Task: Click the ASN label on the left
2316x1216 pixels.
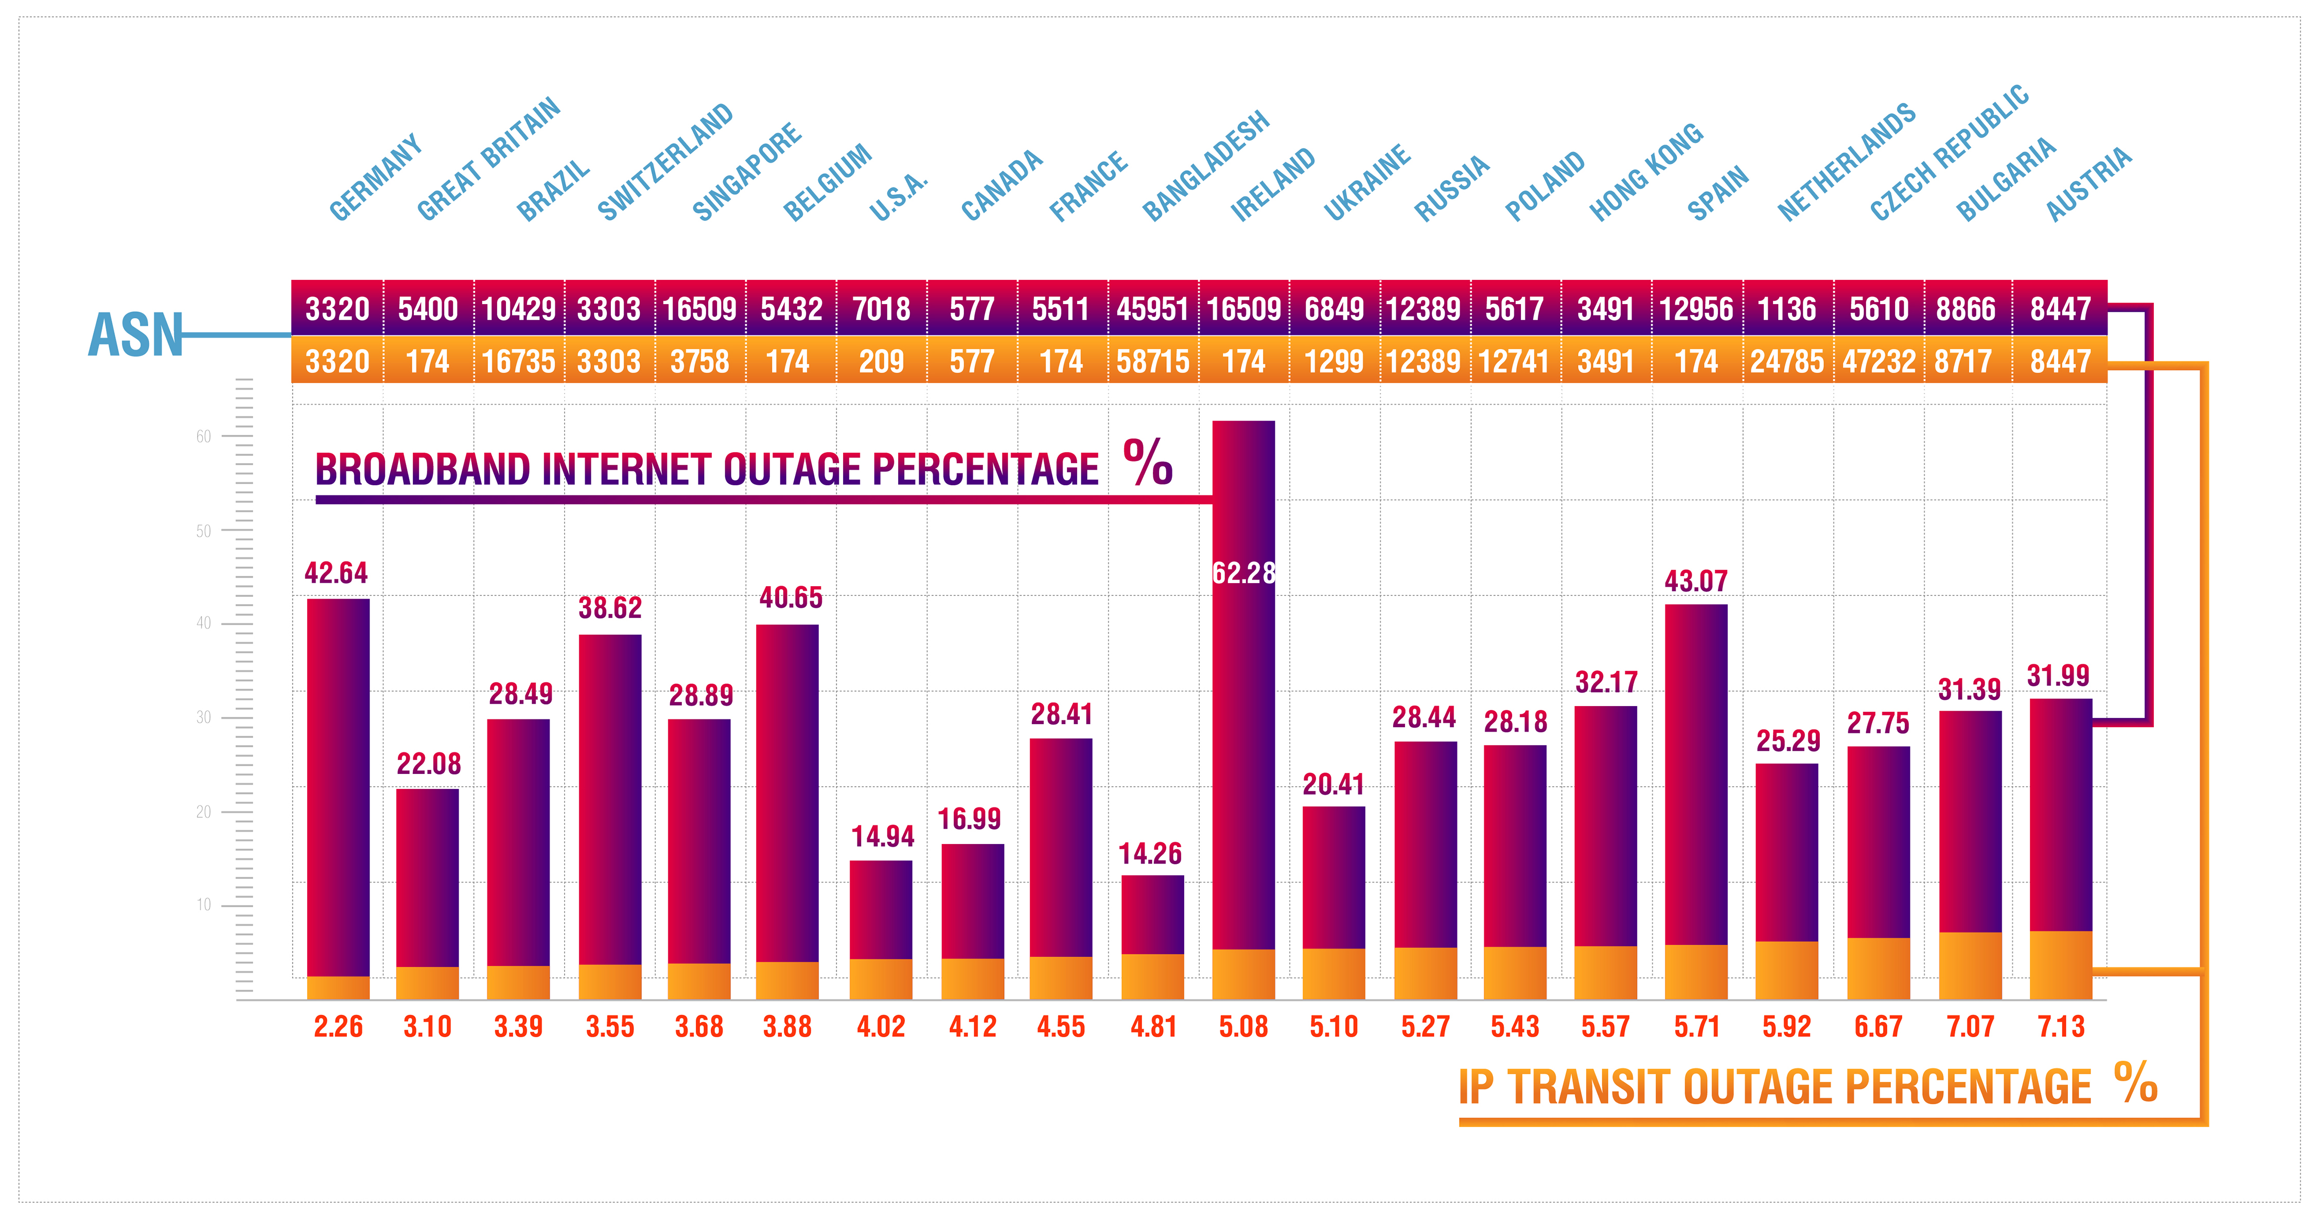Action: click(x=135, y=334)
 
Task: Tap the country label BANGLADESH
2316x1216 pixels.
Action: click(x=1206, y=166)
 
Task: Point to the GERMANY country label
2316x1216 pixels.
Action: click(x=376, y=177)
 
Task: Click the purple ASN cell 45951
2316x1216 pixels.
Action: click(x=1153, y=309)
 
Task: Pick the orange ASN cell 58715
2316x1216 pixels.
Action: click(x=1153, y=361)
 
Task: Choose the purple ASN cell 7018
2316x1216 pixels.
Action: click(x=881, y=309)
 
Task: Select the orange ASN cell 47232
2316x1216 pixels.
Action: click(x=1878, y=361)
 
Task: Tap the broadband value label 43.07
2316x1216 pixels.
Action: click(x=1696, y=580)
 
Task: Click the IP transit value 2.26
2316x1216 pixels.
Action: click(x=338, y=1026)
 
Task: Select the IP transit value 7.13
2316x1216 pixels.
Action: click(x=2061, y=1026)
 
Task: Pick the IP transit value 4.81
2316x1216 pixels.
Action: click(x=1153, y=1026)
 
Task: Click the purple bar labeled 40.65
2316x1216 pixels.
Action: click(x=787, y=792)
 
